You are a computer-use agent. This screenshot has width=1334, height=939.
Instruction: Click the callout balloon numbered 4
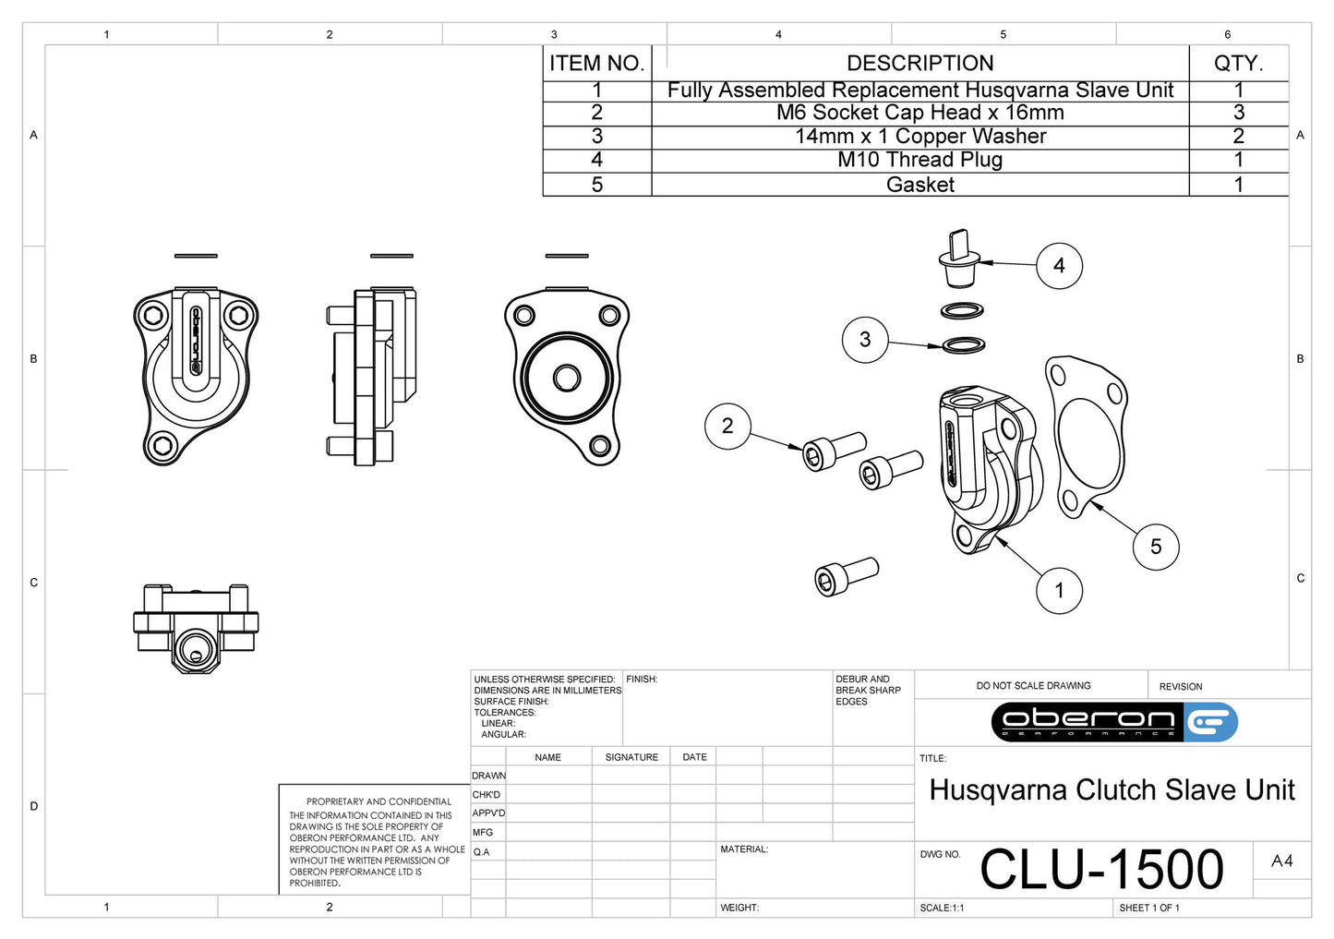pyautogui.click(x=1059, y=266)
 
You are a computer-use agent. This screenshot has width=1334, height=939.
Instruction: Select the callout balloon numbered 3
pyautogui.click(x=864, y=340)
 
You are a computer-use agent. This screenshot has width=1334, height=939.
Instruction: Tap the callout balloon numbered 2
pyautogui.click(x=727, y=426)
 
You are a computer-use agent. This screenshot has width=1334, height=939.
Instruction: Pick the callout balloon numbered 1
pyautogui.click(x=1059, y=590)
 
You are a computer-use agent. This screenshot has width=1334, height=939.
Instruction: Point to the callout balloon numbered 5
pyautogui.click(x=1155, y=547)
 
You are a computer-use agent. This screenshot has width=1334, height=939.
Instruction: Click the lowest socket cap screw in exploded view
pyautogui.click(x=846, y=575)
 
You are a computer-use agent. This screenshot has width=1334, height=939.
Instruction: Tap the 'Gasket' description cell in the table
pyautogui.click(x=919, y=185)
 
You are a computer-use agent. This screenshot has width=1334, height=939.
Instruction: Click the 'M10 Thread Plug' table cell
pyautogui.click(x=919, y=160)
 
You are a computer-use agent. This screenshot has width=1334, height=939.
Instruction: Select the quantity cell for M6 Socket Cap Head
pyautogui.click(x=1238, y=113)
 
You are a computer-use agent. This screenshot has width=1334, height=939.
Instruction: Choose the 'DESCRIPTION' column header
pyautogui.click(x=919, y=64)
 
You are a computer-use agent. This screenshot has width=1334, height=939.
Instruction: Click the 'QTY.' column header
pyautogui.click(x=1238, y=64)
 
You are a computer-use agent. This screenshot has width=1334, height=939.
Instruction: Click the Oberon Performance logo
pyautogui.click(x=1113, y=722)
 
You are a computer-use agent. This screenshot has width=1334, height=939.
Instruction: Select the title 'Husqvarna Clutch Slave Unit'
pyautogui.click(x=1112, y=790)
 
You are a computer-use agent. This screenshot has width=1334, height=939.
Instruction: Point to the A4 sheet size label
pyautogui.click(x=1281, y=861)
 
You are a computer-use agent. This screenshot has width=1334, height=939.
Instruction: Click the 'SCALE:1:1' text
pyautogui.click(x=942, y=909)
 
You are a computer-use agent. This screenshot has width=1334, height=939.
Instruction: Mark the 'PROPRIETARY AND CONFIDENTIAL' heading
pyautogui.click(x=379, y=801)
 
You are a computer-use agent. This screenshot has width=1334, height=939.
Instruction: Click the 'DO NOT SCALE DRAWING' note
pyautogui.click(x=1033, y=686)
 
